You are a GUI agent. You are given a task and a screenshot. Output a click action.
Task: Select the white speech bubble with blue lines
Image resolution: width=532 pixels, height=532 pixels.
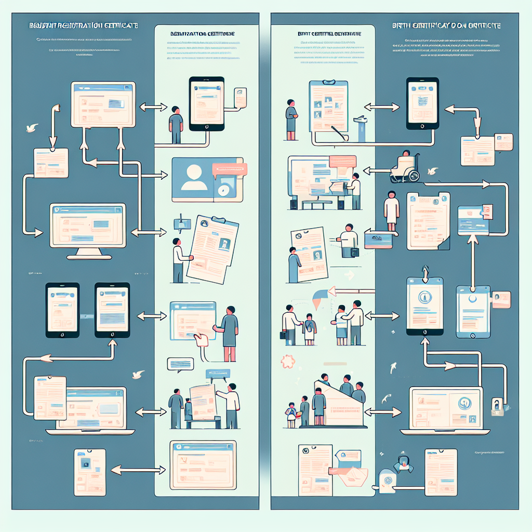(x=180, y=364)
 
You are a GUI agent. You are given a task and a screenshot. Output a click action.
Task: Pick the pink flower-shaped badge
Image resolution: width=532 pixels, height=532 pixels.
(x=287, y=360)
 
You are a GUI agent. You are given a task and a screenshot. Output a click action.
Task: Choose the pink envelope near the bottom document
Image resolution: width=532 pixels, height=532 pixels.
(x=356, y=474)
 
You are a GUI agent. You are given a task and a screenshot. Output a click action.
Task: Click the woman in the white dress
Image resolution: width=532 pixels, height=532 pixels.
(x=391, y=211)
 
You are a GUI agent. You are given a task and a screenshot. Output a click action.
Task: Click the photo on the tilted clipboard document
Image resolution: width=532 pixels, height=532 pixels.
(x=225, y=244)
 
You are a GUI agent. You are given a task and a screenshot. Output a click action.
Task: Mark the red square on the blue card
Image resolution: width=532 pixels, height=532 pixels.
(x=486, y=211)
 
